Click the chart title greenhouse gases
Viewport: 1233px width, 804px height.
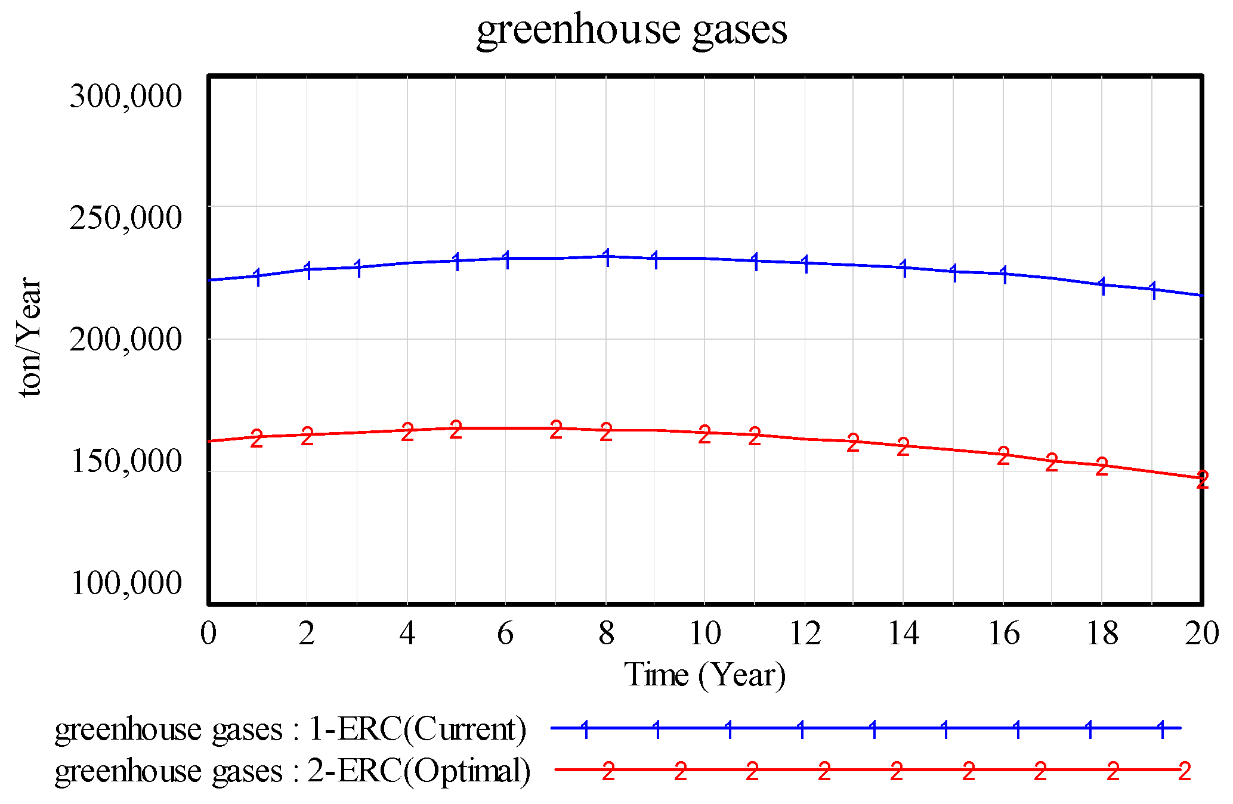(x=631, y=30)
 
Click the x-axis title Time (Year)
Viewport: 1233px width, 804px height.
(x=704, y=675)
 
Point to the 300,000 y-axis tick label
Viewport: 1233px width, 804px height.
(x=125, y=95)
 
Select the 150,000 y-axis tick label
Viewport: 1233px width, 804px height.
(x=125, y=461)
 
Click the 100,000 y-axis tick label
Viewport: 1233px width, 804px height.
(x=125, y=582)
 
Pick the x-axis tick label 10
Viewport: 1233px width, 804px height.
(x=704, y=633)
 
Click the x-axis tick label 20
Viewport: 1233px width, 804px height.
(x=1201, y=633)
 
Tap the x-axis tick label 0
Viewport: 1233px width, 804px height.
(x=208, y=633)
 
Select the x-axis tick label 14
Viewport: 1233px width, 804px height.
(x=903, y=633)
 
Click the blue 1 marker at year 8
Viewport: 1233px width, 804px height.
(x=607, y=257)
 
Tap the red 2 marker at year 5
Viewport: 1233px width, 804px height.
(x=456, y=429)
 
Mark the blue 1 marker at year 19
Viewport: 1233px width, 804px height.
(x=1153, y=290)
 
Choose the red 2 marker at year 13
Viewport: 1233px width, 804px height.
(x=853, y=443)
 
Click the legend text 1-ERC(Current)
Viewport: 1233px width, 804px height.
(x=417, y=728)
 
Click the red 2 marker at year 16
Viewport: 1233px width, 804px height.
(x=1003, y=456)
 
